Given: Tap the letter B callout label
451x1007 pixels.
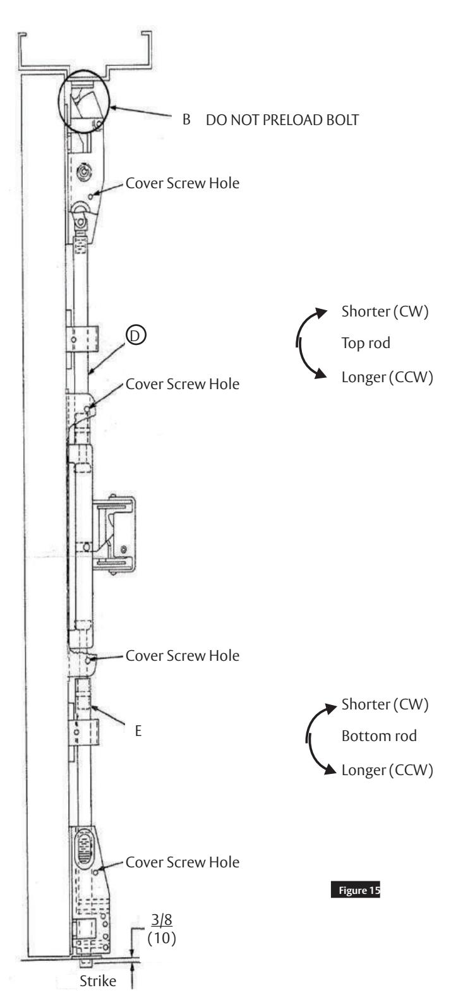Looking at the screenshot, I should [186, 121].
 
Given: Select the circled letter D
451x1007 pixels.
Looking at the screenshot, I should [133, 338].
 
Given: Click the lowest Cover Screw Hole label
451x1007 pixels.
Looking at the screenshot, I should [183, 845].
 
